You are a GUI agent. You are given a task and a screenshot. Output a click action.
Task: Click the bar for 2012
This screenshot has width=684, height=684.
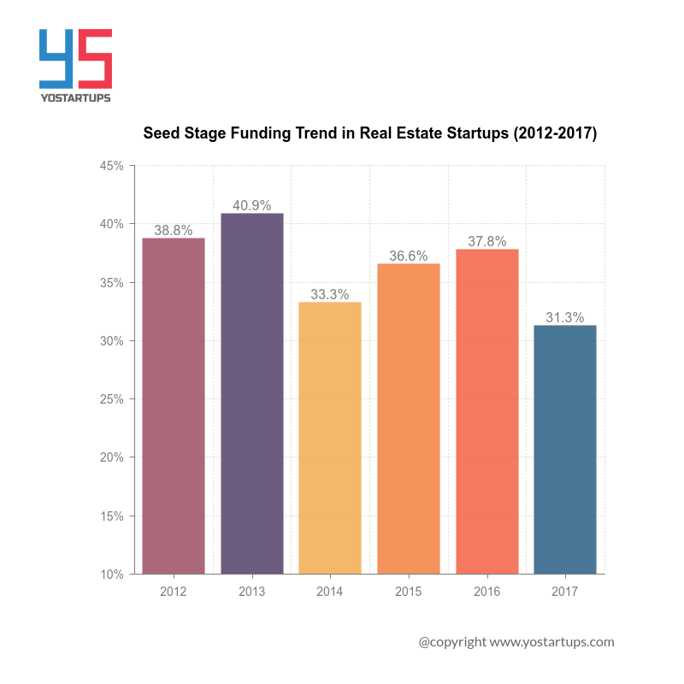[x=174, y=406]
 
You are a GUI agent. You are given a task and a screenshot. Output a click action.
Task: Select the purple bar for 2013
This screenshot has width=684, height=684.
[x=252, y=393]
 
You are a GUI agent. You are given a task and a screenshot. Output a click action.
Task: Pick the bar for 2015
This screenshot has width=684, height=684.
[x=409, y=419]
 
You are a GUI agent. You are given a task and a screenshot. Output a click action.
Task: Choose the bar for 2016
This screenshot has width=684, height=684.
[x=486, y=411]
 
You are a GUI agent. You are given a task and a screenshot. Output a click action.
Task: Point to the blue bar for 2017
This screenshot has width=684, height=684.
[x=565, y=450]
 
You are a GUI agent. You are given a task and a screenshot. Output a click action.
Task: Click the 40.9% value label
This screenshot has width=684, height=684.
[x=252, y=205]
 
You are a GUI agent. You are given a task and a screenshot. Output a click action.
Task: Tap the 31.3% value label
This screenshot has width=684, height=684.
[x=565, y=318]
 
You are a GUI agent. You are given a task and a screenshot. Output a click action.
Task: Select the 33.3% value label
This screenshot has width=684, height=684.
[x=330, y=294]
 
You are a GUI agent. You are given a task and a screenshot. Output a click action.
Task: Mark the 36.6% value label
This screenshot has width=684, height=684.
[x=409, y=256]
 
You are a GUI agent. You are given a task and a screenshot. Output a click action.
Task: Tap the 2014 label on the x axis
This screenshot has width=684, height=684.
[x=330, y=591]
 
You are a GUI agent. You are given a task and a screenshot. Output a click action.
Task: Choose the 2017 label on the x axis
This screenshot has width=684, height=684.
[x=565, y=591]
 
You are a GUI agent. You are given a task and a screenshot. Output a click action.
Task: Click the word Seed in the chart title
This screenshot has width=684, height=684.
[x=160, y=133]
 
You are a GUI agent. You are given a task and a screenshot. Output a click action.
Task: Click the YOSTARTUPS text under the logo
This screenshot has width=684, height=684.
[x=76, y=97]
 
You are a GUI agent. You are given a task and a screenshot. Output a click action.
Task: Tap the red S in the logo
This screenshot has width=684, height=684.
[x=96, y=58]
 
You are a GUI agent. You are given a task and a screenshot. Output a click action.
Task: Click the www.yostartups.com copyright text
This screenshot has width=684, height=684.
[x=552, y=641]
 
